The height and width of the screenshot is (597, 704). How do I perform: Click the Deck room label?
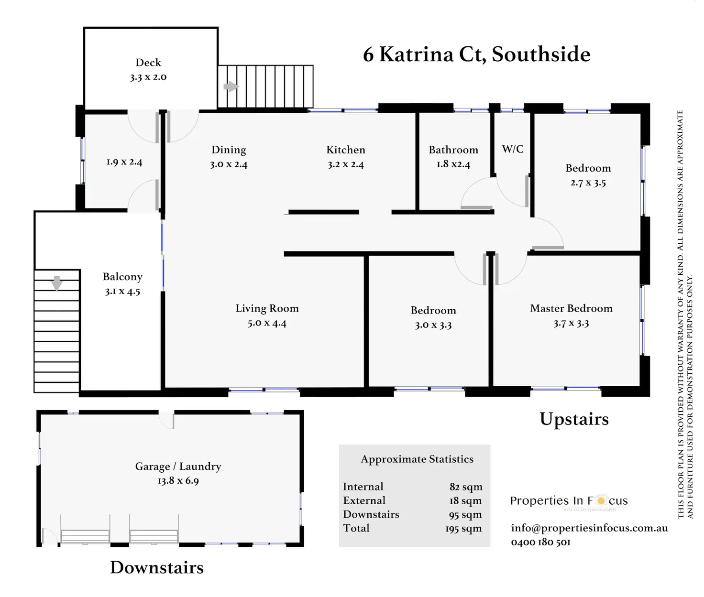pyautogui.click(x=148, y=63)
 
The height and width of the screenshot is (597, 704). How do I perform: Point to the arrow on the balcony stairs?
pyautogui.click(x=57, y=282)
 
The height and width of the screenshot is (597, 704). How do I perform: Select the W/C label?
pyautogui.click(x=512, y=149)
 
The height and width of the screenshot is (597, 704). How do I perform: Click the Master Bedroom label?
pyautogui.click(x=571, y=308)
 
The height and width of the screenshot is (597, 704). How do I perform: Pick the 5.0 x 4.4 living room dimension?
pyautogui.click(x=267, y=323)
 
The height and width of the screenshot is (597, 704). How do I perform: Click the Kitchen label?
pyautogui.click(x=346, y=150)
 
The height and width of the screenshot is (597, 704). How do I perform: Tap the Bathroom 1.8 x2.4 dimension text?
pyautogui.click(x=453, y=164)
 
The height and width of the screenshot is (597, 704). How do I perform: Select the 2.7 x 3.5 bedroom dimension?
pyautogui.click(x=588, y=183)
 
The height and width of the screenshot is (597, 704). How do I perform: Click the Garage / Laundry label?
pyautogui.click(x=178, y=467)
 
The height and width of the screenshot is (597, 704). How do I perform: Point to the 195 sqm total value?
pyautogui.click(x=463, y=529)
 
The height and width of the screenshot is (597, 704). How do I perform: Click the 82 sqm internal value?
pyautogui.click(x=466, y=487)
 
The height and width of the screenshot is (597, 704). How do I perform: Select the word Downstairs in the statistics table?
pyautogui.click(x=371, y=514)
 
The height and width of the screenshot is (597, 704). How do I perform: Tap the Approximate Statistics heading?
pyautogui.click(x=417, y=459)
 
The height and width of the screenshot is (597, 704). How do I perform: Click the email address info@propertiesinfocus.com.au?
pyautogui.click(x=589, y=528)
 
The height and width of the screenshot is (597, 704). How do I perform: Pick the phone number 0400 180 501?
pyautogui.click(x=540, y=542)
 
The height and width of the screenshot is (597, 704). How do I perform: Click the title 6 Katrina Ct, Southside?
pyautogui.click(x=476, y=54)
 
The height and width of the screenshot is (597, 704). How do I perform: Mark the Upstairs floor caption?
pyautogui.click(x=574, y=419)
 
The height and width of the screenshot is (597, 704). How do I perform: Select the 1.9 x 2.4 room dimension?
pyautogui.click(x=124, y=162)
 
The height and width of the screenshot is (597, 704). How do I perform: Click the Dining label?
pyautogui.click(x=229, y=150)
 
